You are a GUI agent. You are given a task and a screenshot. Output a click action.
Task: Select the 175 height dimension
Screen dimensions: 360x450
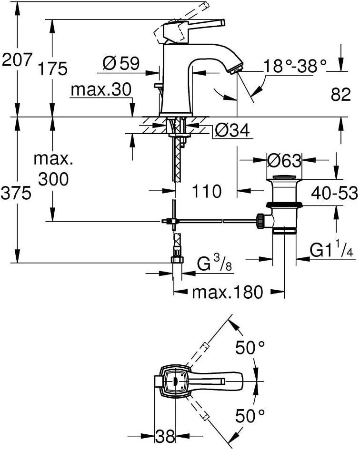(53, 69)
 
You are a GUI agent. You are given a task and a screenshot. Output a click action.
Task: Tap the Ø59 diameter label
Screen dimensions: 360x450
(121, 63)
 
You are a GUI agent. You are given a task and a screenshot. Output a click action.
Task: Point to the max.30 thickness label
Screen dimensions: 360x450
(101, 90)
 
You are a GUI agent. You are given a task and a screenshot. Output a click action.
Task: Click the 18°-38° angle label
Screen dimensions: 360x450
(295, 66)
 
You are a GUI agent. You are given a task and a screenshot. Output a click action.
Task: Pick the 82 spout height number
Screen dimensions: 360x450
(341, 94)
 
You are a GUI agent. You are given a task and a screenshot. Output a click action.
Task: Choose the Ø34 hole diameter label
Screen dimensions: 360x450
(233, 131)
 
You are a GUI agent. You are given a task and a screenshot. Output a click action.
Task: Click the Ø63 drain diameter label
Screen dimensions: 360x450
(284, 160)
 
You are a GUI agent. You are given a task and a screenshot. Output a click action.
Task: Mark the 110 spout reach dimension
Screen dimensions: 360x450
(207, 191)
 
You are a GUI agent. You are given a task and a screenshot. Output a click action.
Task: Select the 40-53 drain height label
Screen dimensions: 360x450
(335, 193)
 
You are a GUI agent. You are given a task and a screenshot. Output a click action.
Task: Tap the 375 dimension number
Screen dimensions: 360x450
(16, 193)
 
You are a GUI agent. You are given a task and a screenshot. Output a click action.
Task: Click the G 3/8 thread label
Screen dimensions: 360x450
(215, 264)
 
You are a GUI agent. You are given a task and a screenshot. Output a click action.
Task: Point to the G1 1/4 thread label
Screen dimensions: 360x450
(331, 250)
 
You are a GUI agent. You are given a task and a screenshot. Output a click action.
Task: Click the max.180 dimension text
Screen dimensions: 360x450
(228, 293)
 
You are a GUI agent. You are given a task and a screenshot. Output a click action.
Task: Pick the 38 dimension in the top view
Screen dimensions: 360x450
(165, 437)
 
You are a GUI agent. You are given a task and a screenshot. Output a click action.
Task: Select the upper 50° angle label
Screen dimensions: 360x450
(250, 348)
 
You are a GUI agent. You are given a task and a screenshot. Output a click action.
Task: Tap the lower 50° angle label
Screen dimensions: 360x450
(250, 416)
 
